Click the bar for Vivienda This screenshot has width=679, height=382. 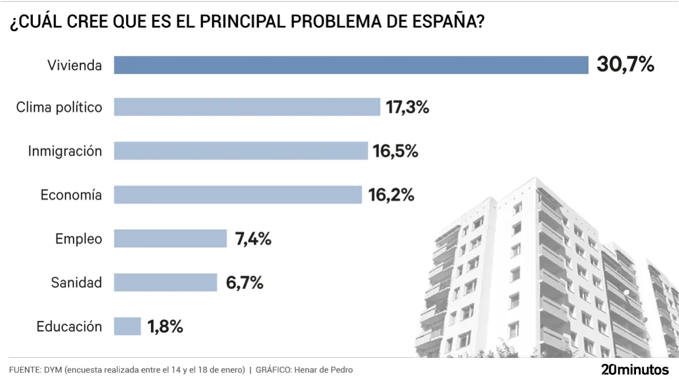(x=351, y=65)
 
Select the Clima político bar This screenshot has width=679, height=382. (x=247, y=107)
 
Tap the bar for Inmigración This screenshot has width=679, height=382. (x=240, y=151)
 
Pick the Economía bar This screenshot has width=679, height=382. (x=238, y=195)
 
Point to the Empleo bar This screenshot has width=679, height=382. (x=170, y=238)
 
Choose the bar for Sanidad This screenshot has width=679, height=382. (x=165, y=282)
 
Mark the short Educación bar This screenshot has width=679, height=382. (x=127, y=327)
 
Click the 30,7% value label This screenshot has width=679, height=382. (x=625, y=65)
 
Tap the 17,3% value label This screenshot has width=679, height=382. (x=407, y=107)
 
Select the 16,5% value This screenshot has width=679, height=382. (x=395, y=151)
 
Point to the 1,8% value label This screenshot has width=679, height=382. (x=165, y=327)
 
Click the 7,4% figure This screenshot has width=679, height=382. (x=253, y=239)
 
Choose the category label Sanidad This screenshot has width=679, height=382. (x=76, y=282)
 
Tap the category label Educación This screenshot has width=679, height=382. (x=69, y=327)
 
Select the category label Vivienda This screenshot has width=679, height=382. (x=75, y=65)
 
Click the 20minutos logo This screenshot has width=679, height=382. (x=634, y=370)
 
